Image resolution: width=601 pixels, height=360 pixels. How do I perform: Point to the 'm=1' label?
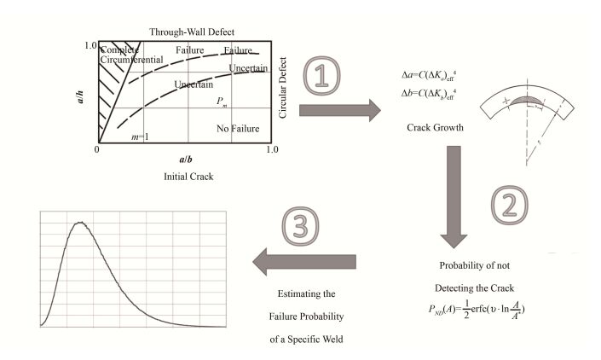click(x=139, y=136)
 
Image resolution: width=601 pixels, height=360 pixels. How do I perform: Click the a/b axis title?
click(x=185, y=158)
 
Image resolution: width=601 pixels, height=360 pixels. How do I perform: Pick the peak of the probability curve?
click(x=79, y=223)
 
